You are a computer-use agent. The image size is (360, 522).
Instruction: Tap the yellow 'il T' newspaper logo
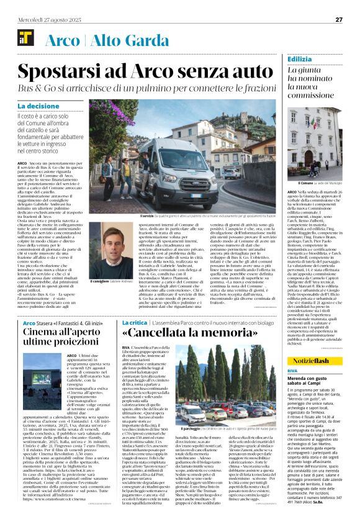pos(26,41)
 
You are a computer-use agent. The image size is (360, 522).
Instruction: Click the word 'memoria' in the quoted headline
pos(229,333)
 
